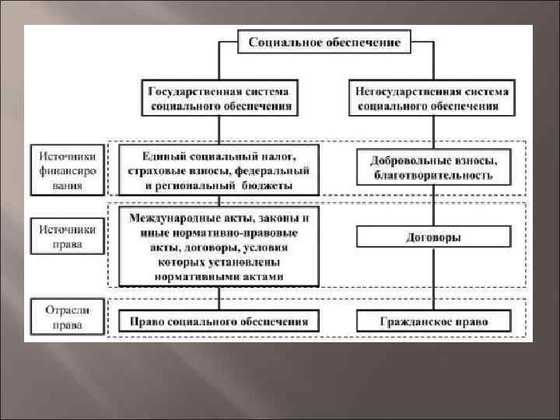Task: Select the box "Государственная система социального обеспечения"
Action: click(219, 97)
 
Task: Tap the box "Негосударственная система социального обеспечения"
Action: click(432, 97)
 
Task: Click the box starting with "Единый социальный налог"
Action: click(219, 168)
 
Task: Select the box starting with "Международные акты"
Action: click(219, 246)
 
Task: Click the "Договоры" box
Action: click(432, 236)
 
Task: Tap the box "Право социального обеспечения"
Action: click(219, 320)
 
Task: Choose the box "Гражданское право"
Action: click(432, 320)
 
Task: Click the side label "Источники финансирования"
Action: click(67, 168)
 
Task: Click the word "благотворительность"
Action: click(432, 177)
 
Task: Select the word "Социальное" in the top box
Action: click(284, 43)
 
